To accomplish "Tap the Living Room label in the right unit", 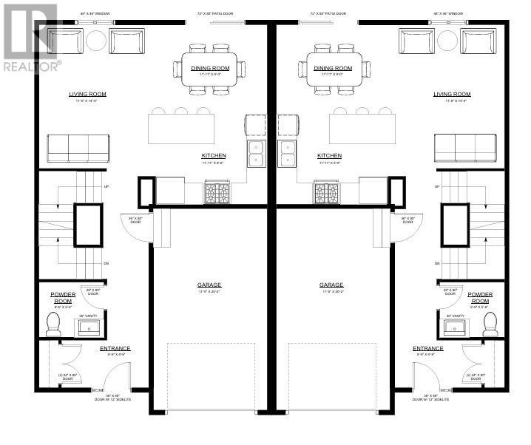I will [452, 95].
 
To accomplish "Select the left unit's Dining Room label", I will [210, 68].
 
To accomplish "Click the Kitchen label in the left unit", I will [214, 156].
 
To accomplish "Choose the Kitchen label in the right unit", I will [329, 156].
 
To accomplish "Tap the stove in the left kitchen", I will [217, 193].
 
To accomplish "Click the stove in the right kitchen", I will [326, 193].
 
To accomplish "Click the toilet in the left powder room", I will [53, 323].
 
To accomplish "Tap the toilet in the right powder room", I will [490, 323].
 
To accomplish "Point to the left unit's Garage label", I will [209, 285].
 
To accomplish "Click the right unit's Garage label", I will [331, 285].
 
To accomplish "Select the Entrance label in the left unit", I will [115, 348].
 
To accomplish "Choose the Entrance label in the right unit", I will [428, 348].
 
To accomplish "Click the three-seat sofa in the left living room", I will [78, 148].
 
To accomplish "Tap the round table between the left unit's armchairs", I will [96, 41].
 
